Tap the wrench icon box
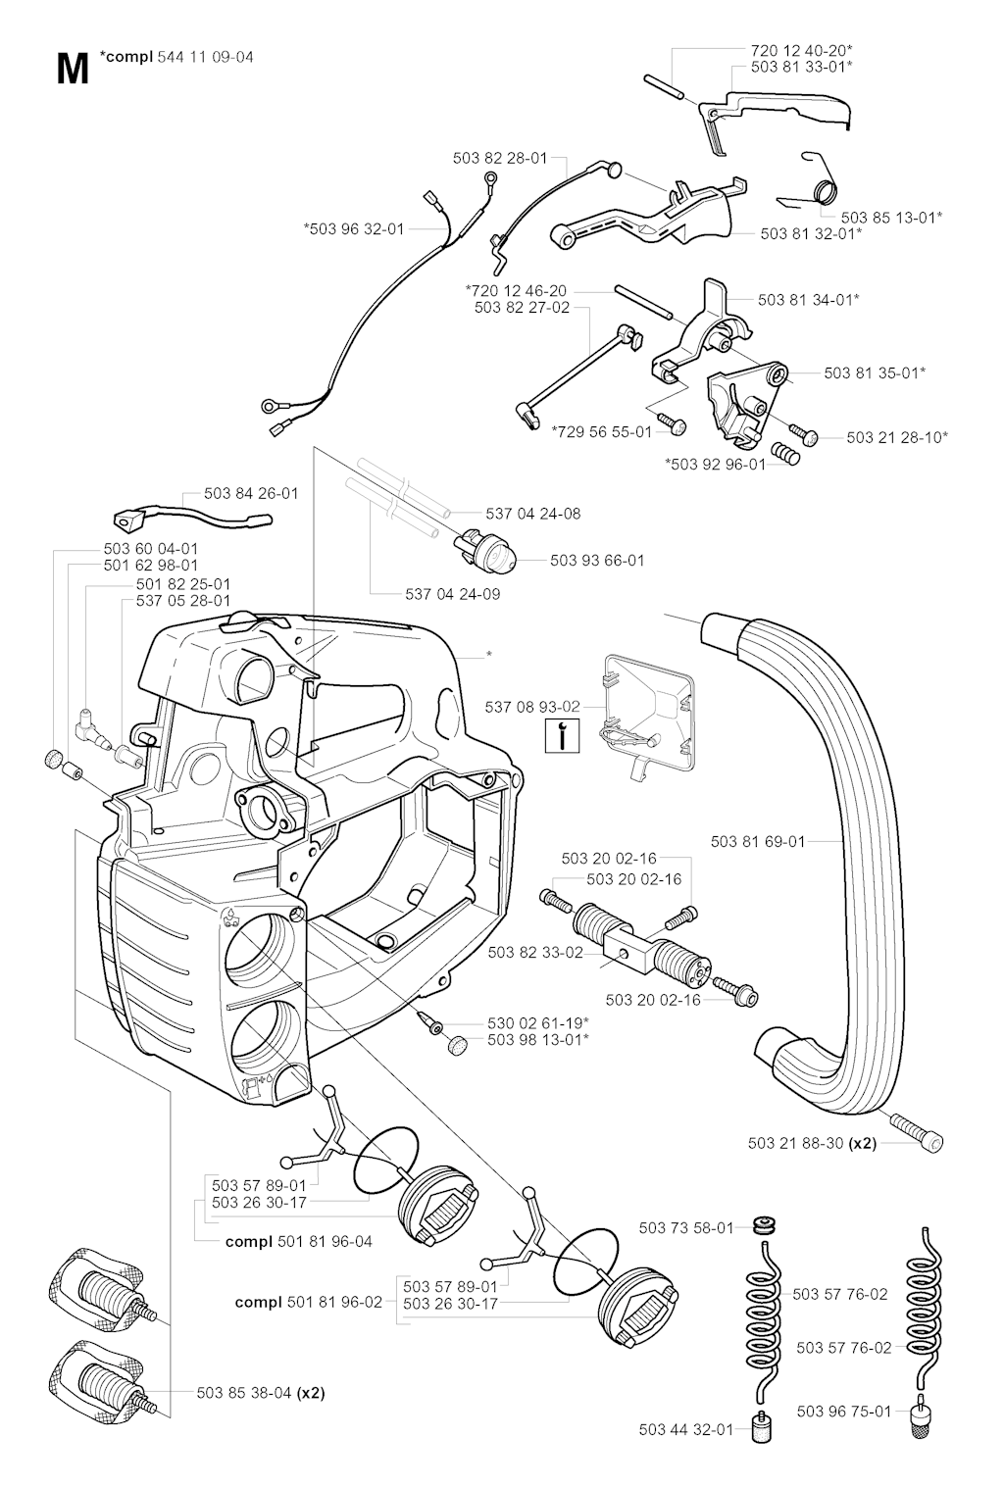coord(562,735)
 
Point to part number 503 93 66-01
coord(597,561)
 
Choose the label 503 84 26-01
coord(251,494)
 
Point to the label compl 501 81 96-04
coord(299,1241)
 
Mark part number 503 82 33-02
coord(534,952)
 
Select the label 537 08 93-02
coord(532,706)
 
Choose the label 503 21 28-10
coord(897,437)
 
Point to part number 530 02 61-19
coord(538,1022)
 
